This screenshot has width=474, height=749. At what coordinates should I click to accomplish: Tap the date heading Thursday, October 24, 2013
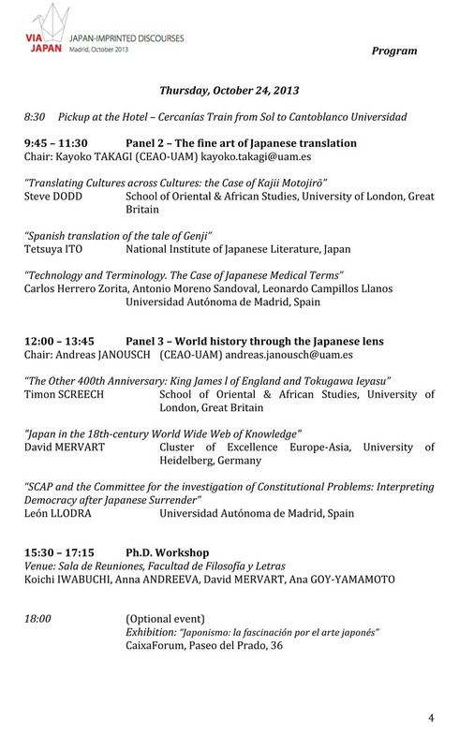tap(234, 92)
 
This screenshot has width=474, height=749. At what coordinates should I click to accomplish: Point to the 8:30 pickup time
tap(35, 119)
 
